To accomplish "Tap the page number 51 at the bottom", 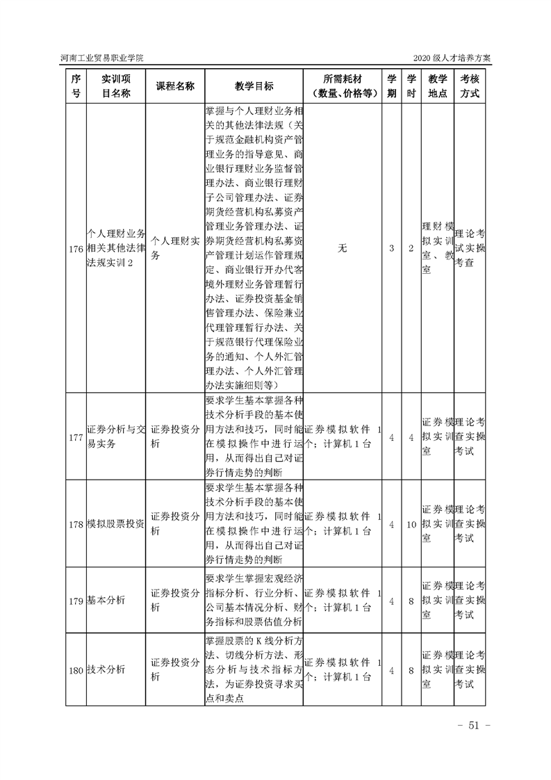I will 475,726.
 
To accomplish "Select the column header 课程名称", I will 174,86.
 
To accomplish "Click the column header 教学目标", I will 254,86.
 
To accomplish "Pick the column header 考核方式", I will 470,86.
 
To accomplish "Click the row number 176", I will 76,249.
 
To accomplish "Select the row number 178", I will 76,523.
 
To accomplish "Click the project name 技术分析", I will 106,670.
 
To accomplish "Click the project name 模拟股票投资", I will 115,523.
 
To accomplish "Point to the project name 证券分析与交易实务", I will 115,437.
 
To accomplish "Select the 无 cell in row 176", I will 342,248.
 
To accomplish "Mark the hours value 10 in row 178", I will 411,523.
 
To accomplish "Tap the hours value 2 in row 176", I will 411,248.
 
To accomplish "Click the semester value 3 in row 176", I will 392,248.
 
